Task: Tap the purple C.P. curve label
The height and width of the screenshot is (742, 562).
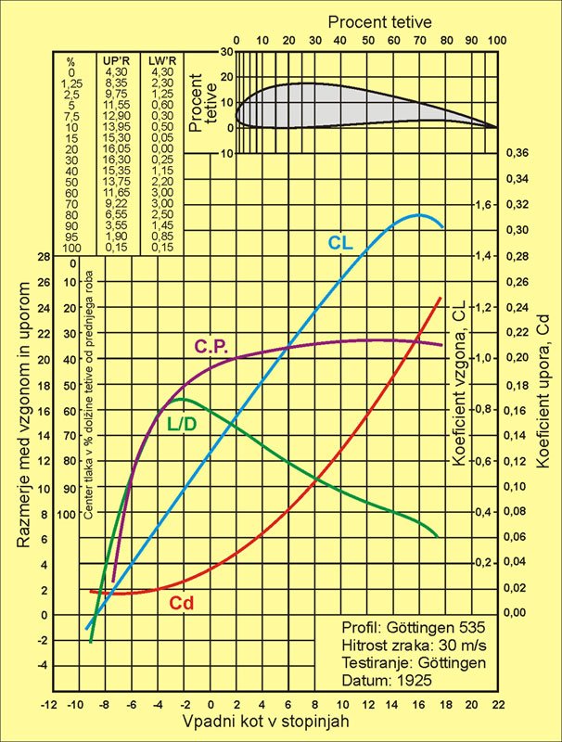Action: (x=211, y=346)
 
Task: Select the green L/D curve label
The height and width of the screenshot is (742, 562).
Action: (x=181, y=424)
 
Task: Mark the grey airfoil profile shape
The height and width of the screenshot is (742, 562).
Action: (x=352, y=104)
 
